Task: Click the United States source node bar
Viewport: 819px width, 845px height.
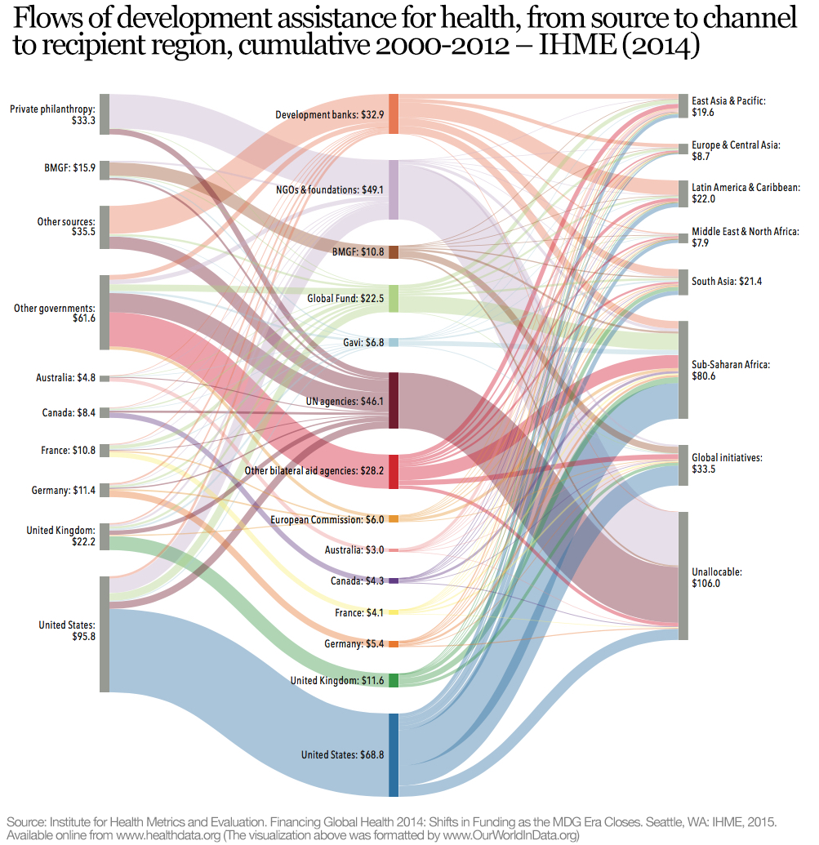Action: tap(104, 634)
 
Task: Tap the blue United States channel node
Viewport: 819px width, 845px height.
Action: tap(394, 754)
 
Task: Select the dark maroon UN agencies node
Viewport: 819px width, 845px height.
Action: tap(394, 401)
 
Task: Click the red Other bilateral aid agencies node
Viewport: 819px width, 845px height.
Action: tap(394, 472)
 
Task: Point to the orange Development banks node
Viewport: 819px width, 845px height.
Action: tap(394, 114)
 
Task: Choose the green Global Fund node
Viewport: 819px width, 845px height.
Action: tap(394, 299)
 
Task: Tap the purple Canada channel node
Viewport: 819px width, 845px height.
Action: tap(394, 580)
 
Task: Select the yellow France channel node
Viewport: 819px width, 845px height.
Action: tap(394, 612)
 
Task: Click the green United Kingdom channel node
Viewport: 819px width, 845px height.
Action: tap(394, 680)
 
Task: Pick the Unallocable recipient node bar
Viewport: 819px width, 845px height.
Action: tap(683, 576)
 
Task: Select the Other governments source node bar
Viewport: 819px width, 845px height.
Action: tap(104, 313)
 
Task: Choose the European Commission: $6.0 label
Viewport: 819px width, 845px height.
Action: tap(327, 519)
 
